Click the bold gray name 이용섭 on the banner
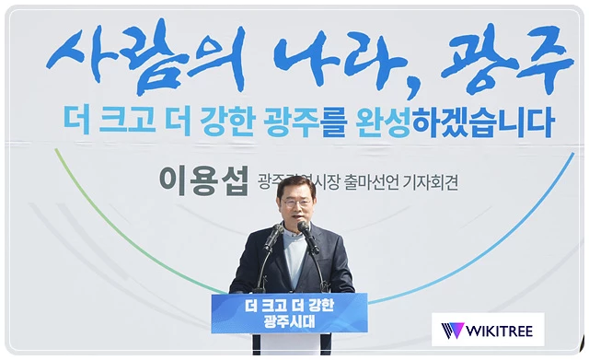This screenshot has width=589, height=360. [x=203, y=179]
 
